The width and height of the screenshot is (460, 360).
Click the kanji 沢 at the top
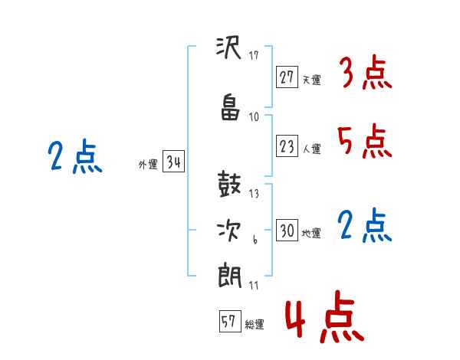point(228,47)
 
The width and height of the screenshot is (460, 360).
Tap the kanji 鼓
point(229,184)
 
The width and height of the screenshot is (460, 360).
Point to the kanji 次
point(228,231)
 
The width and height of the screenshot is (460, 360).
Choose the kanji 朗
point(229,276)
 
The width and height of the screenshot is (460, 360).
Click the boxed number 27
point(287,77)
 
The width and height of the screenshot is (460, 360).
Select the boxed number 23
point(287,146)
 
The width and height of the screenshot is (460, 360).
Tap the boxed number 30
point(287,230)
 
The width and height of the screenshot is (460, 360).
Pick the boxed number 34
point(174,162)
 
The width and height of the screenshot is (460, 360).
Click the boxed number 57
point(230,321)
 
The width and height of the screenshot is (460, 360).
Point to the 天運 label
point(311,80)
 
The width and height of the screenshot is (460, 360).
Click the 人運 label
point(311,149)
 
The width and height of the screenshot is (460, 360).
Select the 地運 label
point(311,234)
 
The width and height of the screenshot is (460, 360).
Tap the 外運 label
point(148,165)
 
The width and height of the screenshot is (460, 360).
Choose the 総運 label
point(255,325)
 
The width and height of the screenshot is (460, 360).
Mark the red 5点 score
point(365,141)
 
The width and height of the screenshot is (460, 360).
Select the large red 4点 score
point(325,316)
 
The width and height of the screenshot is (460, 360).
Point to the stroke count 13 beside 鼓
point(254,194)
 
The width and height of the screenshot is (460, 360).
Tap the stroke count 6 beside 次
point(255,240)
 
